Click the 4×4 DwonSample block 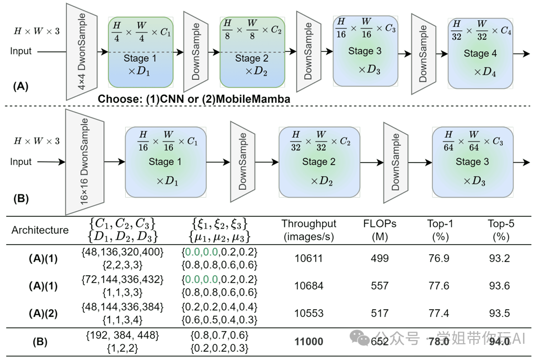click(x=82, y=51)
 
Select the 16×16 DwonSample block click(x=82, y=162)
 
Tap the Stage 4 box click(x=480, y=53)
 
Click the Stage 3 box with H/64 click(x=472, y=161)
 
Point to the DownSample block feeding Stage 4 click(x=424, y=53)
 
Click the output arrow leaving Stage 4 click(x=521, y=54)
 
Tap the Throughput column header click(x=308, y=230)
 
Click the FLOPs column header click(x=380, y=230)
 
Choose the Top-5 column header click(x=501, y=230)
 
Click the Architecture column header click(x=40, y=230)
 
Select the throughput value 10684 click(x=308, y=286)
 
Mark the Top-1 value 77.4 click(x=440, y=313)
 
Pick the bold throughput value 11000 click(x=308, y=342)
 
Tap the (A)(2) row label click(x=40, y=313)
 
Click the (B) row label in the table click(x=40, y=342)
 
